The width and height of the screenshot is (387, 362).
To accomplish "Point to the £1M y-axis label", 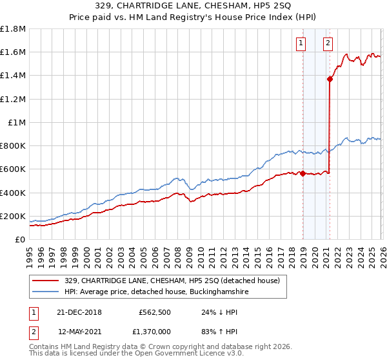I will coord(17,122).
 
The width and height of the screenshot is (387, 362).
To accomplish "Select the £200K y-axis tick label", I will coord(13,216).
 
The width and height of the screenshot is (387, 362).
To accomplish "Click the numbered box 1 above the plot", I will coord(301,43).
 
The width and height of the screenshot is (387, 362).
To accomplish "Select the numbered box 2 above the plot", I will coord(328,43).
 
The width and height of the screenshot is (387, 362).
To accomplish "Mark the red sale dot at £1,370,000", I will coord(330,80).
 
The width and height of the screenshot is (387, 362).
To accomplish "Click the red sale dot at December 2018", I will coord(303,173).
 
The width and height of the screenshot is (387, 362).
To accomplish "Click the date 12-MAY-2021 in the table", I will coord(79,331).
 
